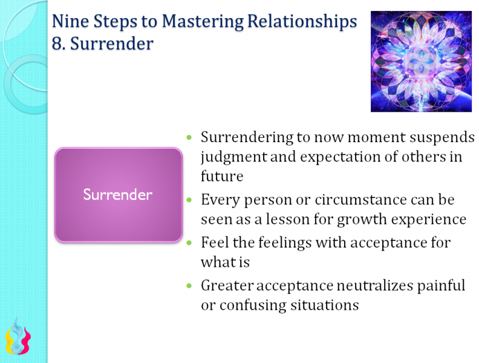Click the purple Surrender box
click(119, 195)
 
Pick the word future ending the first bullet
click(222, 176)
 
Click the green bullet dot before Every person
click(190, 200)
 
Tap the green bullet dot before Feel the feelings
click(190, 243)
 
